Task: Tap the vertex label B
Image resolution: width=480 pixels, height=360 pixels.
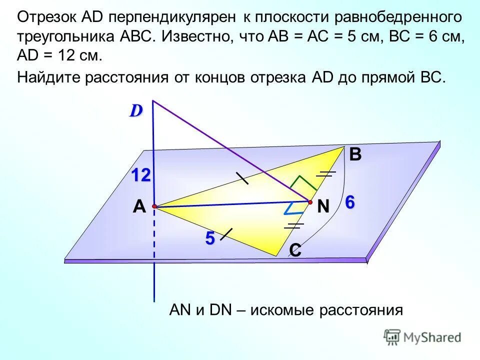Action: click(x=355, y=155)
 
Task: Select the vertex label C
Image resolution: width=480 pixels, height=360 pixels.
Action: click(x=295, y=250)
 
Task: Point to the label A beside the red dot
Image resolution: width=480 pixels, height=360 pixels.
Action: click(x=138, y=207)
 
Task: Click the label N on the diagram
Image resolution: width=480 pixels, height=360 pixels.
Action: click(x=323, y=207)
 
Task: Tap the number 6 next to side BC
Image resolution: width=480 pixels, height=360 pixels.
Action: click(x=349, y=202)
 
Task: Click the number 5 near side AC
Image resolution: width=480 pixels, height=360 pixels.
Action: click(x=209, y=239)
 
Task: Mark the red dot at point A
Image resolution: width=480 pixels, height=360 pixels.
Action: click(x=154, y=206)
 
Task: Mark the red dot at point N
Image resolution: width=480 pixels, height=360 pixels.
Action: click(x=310, y=202)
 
